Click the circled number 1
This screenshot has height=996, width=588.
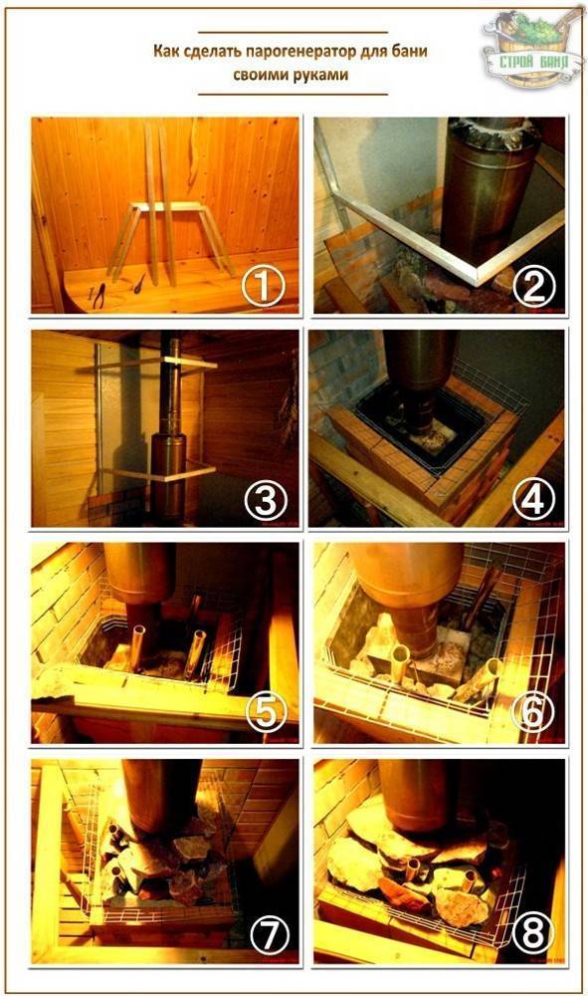(263, 288)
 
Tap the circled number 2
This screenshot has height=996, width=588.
(534, 287)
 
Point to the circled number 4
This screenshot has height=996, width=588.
(534, 501)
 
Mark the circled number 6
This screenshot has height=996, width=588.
(533, 713)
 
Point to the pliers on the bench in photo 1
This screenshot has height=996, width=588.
(99, 296)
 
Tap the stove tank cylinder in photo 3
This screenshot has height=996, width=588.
(168, 473)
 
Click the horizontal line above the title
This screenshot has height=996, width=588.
(293, 32)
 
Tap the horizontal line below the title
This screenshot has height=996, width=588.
(293, 94)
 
